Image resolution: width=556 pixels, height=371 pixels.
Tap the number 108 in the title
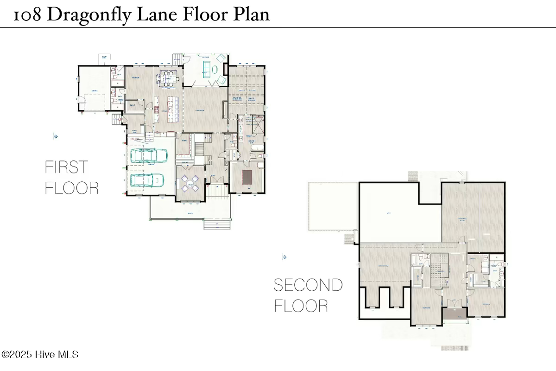click(29, 15)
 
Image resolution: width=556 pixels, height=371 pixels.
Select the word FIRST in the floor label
click(66, 167)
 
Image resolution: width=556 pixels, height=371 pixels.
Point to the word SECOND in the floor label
click(308, 285)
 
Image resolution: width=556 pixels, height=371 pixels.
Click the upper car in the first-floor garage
click(149, 156)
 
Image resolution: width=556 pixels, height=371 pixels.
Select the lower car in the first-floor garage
click(146, 179)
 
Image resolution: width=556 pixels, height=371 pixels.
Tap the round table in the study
click(190, 182)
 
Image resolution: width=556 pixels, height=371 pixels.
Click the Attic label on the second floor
click(389, 214)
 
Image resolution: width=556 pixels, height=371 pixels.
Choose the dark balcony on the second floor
click(454, 316)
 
